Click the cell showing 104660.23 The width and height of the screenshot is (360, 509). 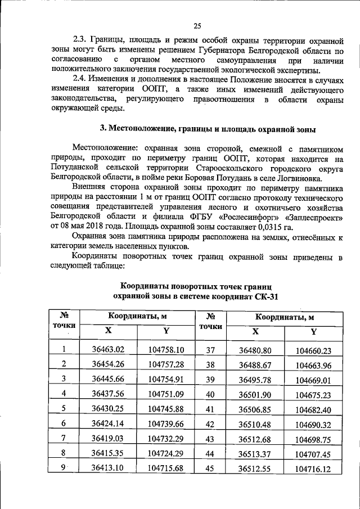point(313,350)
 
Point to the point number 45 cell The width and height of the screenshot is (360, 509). point(210,469)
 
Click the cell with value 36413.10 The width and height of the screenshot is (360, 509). point(107,468)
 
